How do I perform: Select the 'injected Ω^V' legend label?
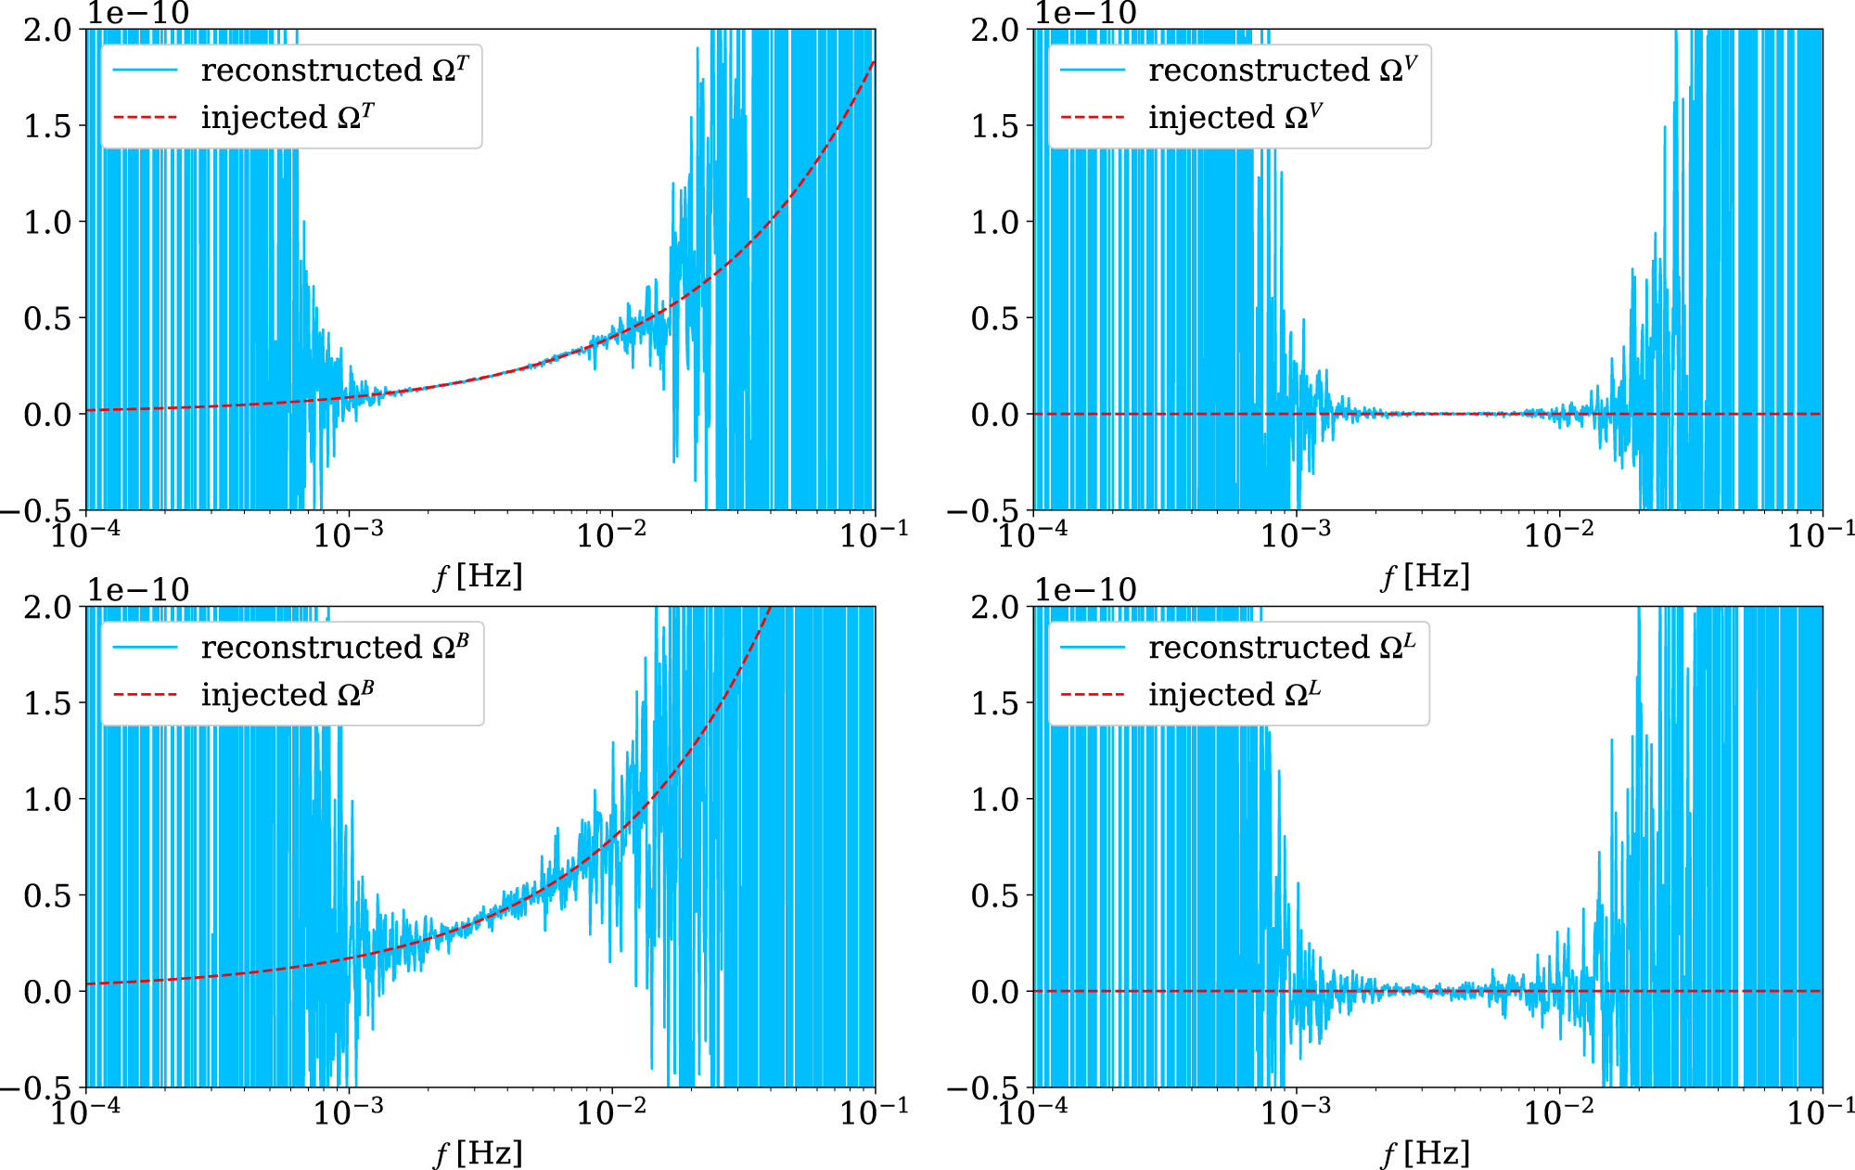[1235, 118]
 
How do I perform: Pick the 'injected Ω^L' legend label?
[1235, 695]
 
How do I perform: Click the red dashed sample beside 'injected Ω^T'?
[145, 118]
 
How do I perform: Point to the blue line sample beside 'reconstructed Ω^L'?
[1093, 648]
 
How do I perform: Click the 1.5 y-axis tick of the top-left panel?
[47, 126]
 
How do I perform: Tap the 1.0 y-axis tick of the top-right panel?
[995, 223]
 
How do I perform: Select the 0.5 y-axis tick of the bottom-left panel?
[47, 896]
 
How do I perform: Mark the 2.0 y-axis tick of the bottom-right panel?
[995, 608]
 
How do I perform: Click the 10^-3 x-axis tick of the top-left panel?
[348, 534]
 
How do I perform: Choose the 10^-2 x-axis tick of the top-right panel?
[1559, 534]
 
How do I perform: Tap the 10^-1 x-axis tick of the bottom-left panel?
[874, 1112]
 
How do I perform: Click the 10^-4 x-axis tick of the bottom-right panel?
[1033, 1112]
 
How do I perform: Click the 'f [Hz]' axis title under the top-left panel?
[479, 576]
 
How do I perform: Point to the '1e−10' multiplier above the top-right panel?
[1085, 13]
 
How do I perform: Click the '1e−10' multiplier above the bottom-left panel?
[138, 590]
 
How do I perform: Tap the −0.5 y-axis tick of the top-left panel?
[37, 511]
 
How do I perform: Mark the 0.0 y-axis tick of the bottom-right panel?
[995, 993]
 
